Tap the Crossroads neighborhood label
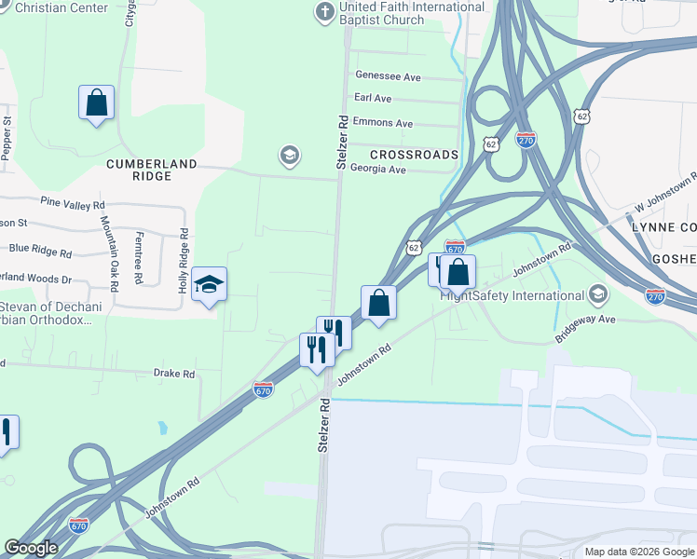click(x=414, y=155)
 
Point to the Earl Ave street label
click(x=373, y=98)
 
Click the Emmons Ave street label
click(x=383, y=123)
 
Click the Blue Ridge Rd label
click(x=40, y=250)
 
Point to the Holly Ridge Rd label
click(x=184, y=260)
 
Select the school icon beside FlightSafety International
click(x=598, y=296)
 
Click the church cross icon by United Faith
click(x=324, y=12)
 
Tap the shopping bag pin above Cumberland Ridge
click(x=96, y=102)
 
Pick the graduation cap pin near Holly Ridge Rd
click(x=210, y=285)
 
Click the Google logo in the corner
click(x=31, y=548)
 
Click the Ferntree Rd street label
click(x=138, y=258)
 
